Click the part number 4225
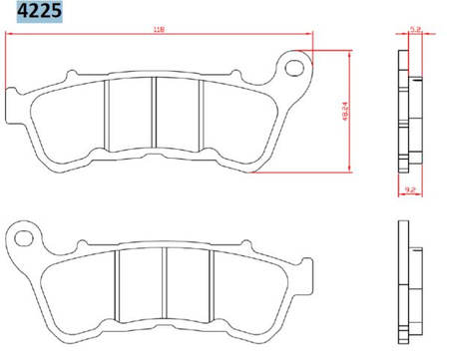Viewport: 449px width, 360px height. click(33, 13)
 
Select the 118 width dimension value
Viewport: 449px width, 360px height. click(160, 30)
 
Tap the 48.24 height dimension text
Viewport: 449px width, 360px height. click(342, 112)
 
